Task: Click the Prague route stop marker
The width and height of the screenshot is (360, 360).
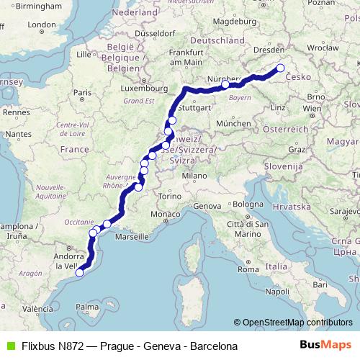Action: [x=281, y=68]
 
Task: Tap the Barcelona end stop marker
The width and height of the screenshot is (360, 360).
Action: [x=80, y=272]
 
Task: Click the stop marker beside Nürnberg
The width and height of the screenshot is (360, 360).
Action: [x=225, y=84]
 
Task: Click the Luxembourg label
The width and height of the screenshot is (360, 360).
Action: [x=140, y=89]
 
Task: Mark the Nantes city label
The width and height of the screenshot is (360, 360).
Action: [x=18, y=134]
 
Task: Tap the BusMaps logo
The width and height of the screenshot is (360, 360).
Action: [x=326, y=346]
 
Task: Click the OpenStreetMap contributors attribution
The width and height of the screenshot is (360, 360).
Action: [x=297, y=323]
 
